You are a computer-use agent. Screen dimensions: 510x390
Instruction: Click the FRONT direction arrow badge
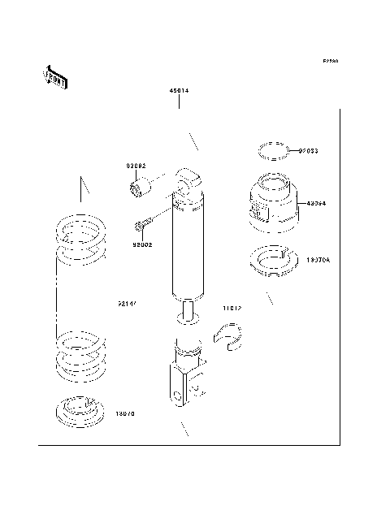click(x=54, y=76)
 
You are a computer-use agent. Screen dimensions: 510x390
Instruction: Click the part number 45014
click(x=179, y=91)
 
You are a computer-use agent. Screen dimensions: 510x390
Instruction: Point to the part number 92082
click(x=136, y=166)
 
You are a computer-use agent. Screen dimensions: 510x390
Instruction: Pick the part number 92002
click(x=142, y=244)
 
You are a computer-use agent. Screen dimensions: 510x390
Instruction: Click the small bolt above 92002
click(x=143, y=223)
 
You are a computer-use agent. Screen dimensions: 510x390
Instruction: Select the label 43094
click(x=317, y=204)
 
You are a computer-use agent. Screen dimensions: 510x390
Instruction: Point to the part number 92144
click(x=126, y=305)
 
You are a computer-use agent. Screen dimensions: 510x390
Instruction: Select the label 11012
click(x=232, y=309)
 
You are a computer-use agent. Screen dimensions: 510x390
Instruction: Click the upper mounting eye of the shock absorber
click(x=189, y=181)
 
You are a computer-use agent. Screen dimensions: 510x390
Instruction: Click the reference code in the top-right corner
click(x=330, y=61)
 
